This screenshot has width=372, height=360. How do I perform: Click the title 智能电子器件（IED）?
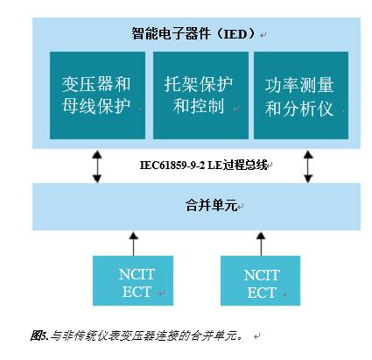pos(194,34)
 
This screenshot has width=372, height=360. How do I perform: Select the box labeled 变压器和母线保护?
pos(97,95)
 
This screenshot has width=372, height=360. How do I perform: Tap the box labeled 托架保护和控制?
pos(200,95)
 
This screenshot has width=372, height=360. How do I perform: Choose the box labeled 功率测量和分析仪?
pos(301,95)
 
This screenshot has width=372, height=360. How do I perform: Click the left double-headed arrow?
pos(97,166)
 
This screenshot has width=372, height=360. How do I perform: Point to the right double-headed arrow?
pos(308,166)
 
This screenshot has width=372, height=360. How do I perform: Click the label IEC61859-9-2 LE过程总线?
pos(203,166)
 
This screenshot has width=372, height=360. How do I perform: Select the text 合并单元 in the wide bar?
pos(211,205)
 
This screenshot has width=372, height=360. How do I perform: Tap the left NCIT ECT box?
pos(133,280)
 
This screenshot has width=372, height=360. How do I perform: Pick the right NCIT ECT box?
pos(260,280)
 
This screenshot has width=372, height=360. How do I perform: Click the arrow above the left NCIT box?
pos(133,244)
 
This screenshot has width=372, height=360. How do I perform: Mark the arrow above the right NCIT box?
pos(261,244)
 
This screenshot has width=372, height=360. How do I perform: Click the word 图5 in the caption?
pos(39,335)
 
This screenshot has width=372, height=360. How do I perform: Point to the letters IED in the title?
pos(235,34)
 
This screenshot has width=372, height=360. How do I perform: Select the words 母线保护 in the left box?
pos(96,106)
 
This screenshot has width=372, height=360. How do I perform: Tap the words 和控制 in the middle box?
pos(199,106)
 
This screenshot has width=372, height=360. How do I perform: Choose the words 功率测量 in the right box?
pos(299,85)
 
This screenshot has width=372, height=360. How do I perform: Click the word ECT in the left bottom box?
pos(137,292)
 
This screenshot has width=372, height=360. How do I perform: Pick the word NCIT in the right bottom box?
pos(262,275)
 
